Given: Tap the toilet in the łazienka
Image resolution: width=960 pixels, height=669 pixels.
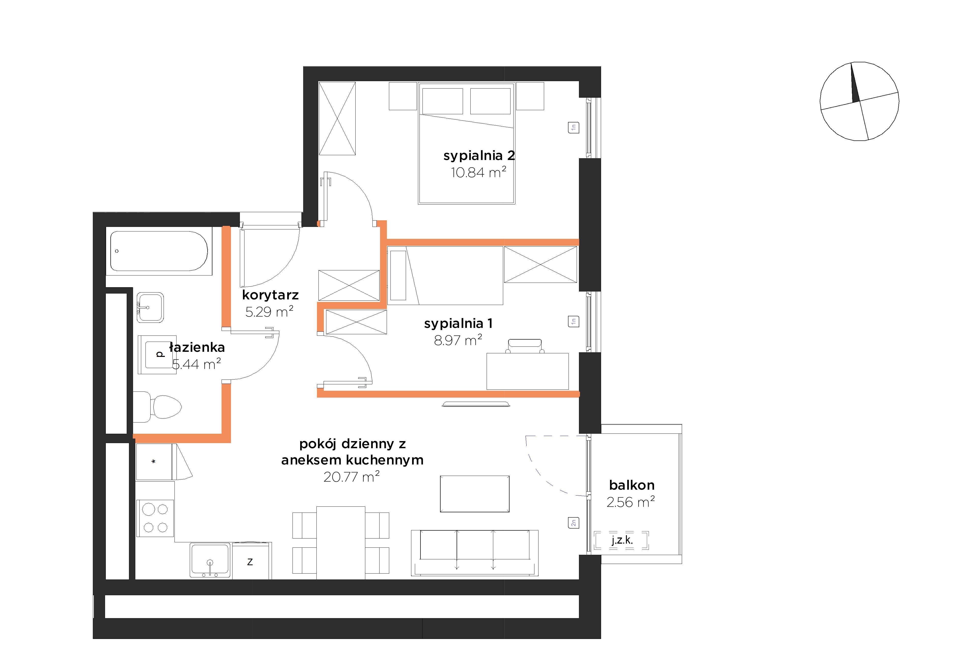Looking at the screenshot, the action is click(x=157, y=407).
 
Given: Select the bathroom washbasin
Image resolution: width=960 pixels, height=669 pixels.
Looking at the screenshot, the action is click(x=150, y=307).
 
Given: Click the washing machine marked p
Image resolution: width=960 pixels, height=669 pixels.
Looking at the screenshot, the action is click(x=157, y=354).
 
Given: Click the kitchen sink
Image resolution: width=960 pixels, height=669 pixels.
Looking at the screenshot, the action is click(x=210, y=560).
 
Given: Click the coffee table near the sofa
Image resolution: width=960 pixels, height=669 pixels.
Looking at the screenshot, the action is click(x=475, y=494).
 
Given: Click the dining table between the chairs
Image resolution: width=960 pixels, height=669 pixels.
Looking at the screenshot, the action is click(x=341, y=543).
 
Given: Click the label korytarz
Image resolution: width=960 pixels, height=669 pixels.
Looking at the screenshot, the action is click(x=270, y=295).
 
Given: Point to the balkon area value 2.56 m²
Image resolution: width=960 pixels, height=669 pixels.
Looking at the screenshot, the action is click(x=631, y=502).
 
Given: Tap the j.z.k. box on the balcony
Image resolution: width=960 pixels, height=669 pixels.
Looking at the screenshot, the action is click(x=622, y=540).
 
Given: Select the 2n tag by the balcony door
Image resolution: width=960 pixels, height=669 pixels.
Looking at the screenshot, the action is click(x=574, y=523).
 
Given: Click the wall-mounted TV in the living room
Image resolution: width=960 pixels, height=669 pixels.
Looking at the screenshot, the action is click(x=476, y=404).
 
